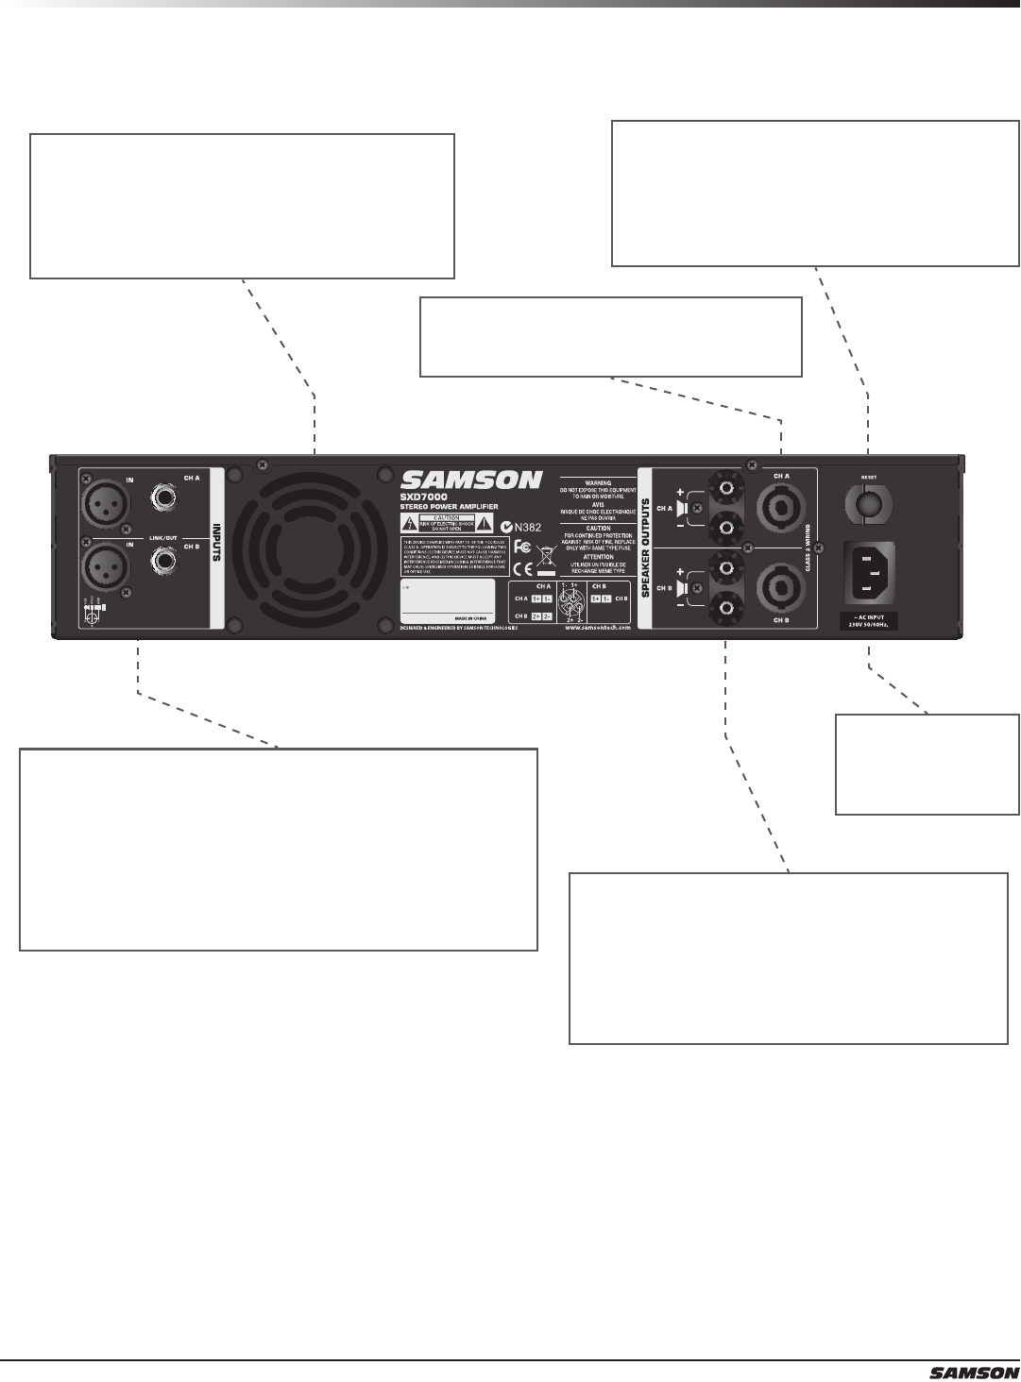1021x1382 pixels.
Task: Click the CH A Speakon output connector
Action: [780, 508]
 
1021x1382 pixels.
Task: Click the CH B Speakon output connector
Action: [780, 586]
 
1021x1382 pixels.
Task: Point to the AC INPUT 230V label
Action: [867, 621]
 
